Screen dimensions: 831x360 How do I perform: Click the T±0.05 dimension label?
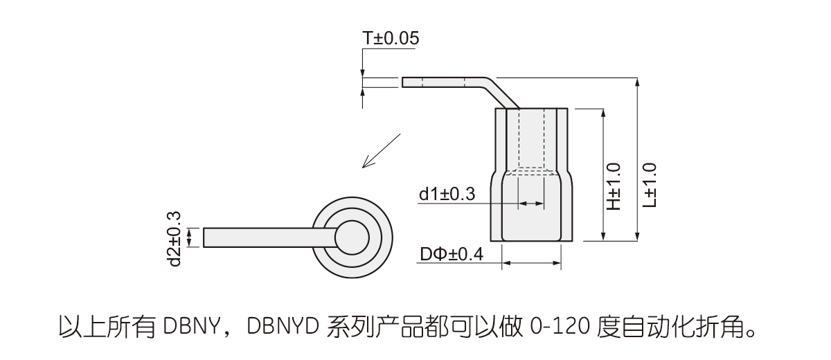tap(391, 38)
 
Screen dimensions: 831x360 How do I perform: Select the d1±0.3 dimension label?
tap(447, 194)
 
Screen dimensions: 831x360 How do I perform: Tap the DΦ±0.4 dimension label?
tap(452, 254)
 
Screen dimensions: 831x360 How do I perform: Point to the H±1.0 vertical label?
tap(614, 186)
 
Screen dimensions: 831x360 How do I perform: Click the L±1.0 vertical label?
tap(650, 185)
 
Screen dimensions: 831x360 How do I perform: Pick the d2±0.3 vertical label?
tap(174, 239)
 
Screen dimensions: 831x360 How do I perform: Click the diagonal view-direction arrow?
tap(382, 151)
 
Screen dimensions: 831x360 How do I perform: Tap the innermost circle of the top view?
tap(352, 237)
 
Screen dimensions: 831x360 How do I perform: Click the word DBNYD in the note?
tap(283, 327)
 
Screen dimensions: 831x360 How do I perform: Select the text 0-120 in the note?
tap(560, 327)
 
